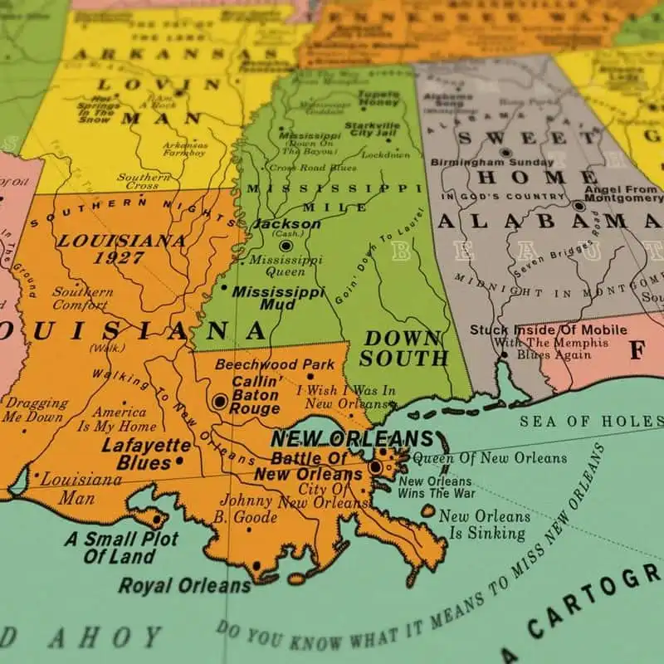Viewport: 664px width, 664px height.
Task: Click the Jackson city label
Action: (x=286, y=224)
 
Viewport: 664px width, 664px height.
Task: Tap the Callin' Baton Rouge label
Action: (x=255, y=395)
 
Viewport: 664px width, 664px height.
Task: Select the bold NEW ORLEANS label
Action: (x=352, y=439)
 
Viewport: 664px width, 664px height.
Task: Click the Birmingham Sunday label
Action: (x=505, y=163)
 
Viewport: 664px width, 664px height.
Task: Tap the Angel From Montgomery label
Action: (x=623, y=193)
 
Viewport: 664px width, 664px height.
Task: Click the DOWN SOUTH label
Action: (x=403, y=348)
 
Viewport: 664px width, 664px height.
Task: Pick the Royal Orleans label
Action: (x=184, y=585)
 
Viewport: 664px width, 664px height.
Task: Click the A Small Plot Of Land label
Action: (x=121, y=547)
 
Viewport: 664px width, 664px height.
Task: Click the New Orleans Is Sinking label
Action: (x=485, y=524)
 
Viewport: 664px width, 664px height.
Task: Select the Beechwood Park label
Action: (x=275, y=364)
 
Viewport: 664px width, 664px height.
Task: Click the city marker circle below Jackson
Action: (x=286, y=246)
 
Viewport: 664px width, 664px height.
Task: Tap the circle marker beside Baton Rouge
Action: (x=220, y=402)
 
